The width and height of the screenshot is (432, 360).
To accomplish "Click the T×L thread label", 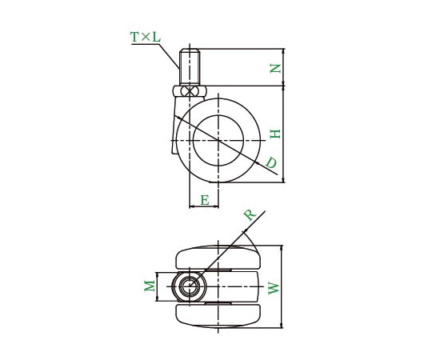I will (x=145, y=37).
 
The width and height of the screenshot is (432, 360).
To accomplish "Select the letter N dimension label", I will (x=274, y=69).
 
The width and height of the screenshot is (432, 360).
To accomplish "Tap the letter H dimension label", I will (x=274, y=134).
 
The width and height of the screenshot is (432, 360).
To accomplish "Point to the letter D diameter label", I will (x=271, y=163).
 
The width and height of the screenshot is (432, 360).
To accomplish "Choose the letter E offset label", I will (x=205, y=200).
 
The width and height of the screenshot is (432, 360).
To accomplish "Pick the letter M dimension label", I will (x=148, y=286).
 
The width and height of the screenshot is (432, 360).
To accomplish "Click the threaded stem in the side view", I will (x=190, y=67).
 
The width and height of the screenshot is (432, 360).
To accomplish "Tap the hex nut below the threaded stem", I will (x=190, y=92).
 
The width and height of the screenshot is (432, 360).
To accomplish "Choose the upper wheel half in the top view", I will (x=218, y=258).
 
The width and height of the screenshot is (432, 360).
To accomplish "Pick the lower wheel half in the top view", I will (x=218, y=314).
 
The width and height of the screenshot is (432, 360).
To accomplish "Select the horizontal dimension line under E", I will (x=204, y=208).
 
